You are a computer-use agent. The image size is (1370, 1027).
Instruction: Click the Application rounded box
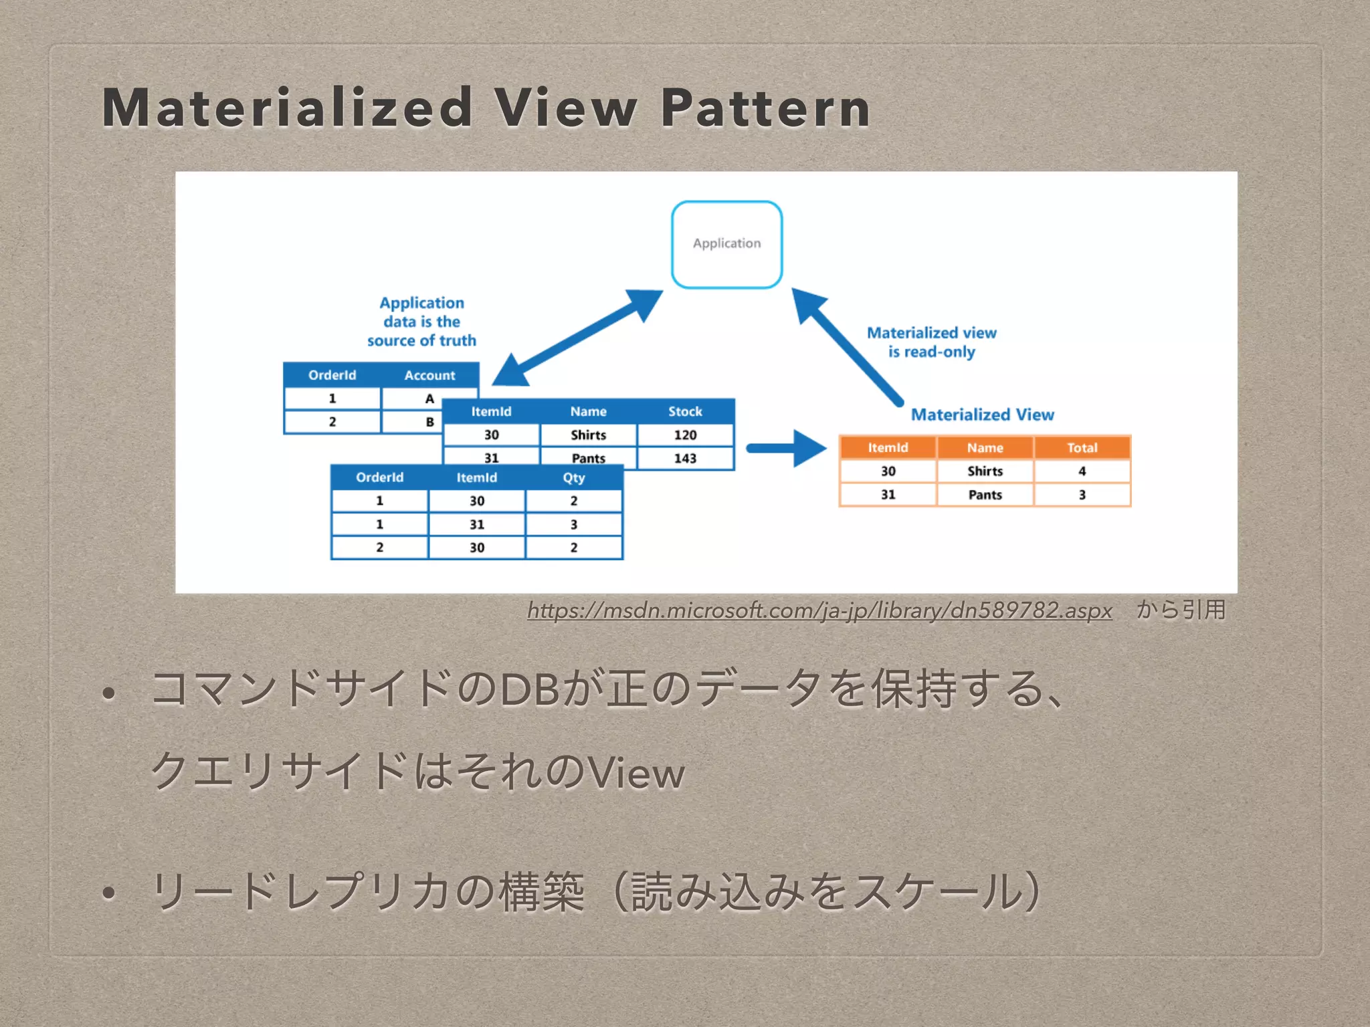pyautogui.click(x=726, y=244)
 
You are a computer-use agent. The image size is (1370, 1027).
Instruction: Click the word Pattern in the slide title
pyautogui.click(x=765, y=108)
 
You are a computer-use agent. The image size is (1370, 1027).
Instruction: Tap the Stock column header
pyautogui.click(x=685, y=411)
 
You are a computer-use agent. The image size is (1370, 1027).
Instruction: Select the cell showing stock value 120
pyautogui.click(x=685, y=435)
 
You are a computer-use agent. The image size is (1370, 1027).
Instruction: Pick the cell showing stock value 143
pyautogui.click(x=685, y=458)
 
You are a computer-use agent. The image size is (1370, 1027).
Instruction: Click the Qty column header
pyautogui.click(x=573, y=477)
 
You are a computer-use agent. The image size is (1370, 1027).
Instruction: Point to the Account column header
pyautogui.click(x=429, y=375)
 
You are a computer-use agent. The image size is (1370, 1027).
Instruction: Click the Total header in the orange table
pyautogui.click(x=1082, y=447)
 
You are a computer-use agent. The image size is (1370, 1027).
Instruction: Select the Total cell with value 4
pyautogui.click(x=1082, y=471)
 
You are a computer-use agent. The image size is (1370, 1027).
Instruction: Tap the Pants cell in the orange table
pyautogui.click(x=985, y=495)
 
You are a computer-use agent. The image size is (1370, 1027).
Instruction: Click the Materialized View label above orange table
pyautogui.click(x=982, y=415)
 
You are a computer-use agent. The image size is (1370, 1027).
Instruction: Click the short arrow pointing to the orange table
pyautogui.click(x=785, y=448)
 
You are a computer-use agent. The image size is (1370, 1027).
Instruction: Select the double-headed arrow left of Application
pyautogui.click(x=577, y=338)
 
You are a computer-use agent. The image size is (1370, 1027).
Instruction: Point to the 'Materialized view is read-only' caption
pyautogui.click(x=931, y=342)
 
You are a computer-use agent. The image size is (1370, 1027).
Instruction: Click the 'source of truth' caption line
pyautogui.click(x=421, y=340)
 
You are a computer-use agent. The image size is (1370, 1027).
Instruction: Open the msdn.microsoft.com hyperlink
pyautogui.click(x=819, y=610)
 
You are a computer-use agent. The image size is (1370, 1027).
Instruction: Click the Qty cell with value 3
pyautogui.click(x=573, y=524)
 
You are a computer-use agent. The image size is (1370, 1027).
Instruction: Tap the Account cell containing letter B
pyautogui.click(x=429, y=422)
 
